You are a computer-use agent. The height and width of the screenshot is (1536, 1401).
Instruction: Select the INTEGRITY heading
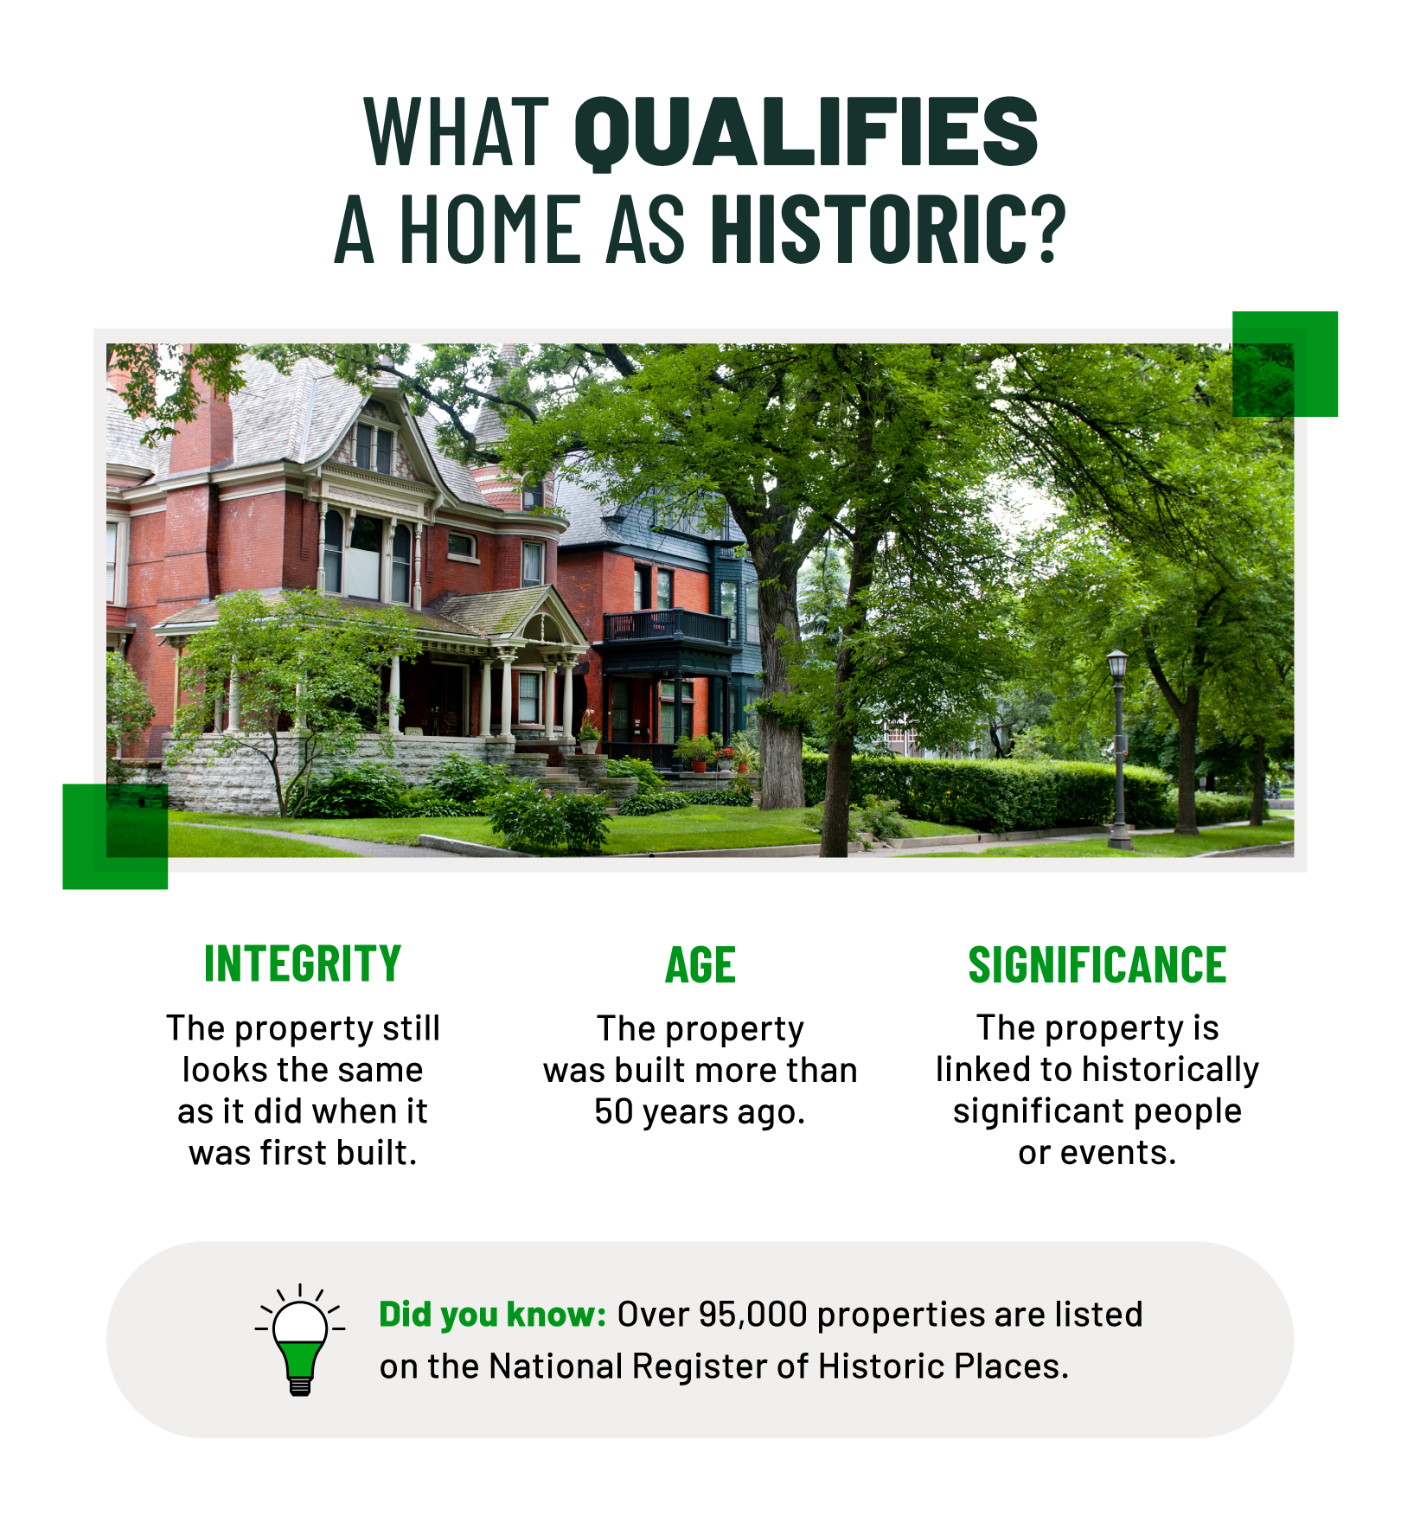(x=303, y=963)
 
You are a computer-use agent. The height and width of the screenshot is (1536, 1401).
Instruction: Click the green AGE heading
(x=700, y=965)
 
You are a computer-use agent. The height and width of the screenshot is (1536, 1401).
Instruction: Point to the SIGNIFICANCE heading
(x=1097, y=965)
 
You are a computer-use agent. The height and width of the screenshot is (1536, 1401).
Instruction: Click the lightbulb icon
(x=300, y=1340)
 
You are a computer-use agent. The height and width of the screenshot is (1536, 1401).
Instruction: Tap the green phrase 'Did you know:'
(x=493, y=1315)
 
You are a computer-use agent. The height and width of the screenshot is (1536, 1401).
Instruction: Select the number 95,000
(x=752, y=1315)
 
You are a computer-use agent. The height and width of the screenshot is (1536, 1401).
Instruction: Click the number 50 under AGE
(x=614, y=1112)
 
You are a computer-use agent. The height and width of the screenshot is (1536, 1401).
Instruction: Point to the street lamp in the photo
(x=1118, y=744)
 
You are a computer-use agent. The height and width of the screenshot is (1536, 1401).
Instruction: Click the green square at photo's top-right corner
(x=1285, y=363)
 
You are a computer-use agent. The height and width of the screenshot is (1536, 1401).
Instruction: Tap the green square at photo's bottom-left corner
(x=115, y=836)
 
